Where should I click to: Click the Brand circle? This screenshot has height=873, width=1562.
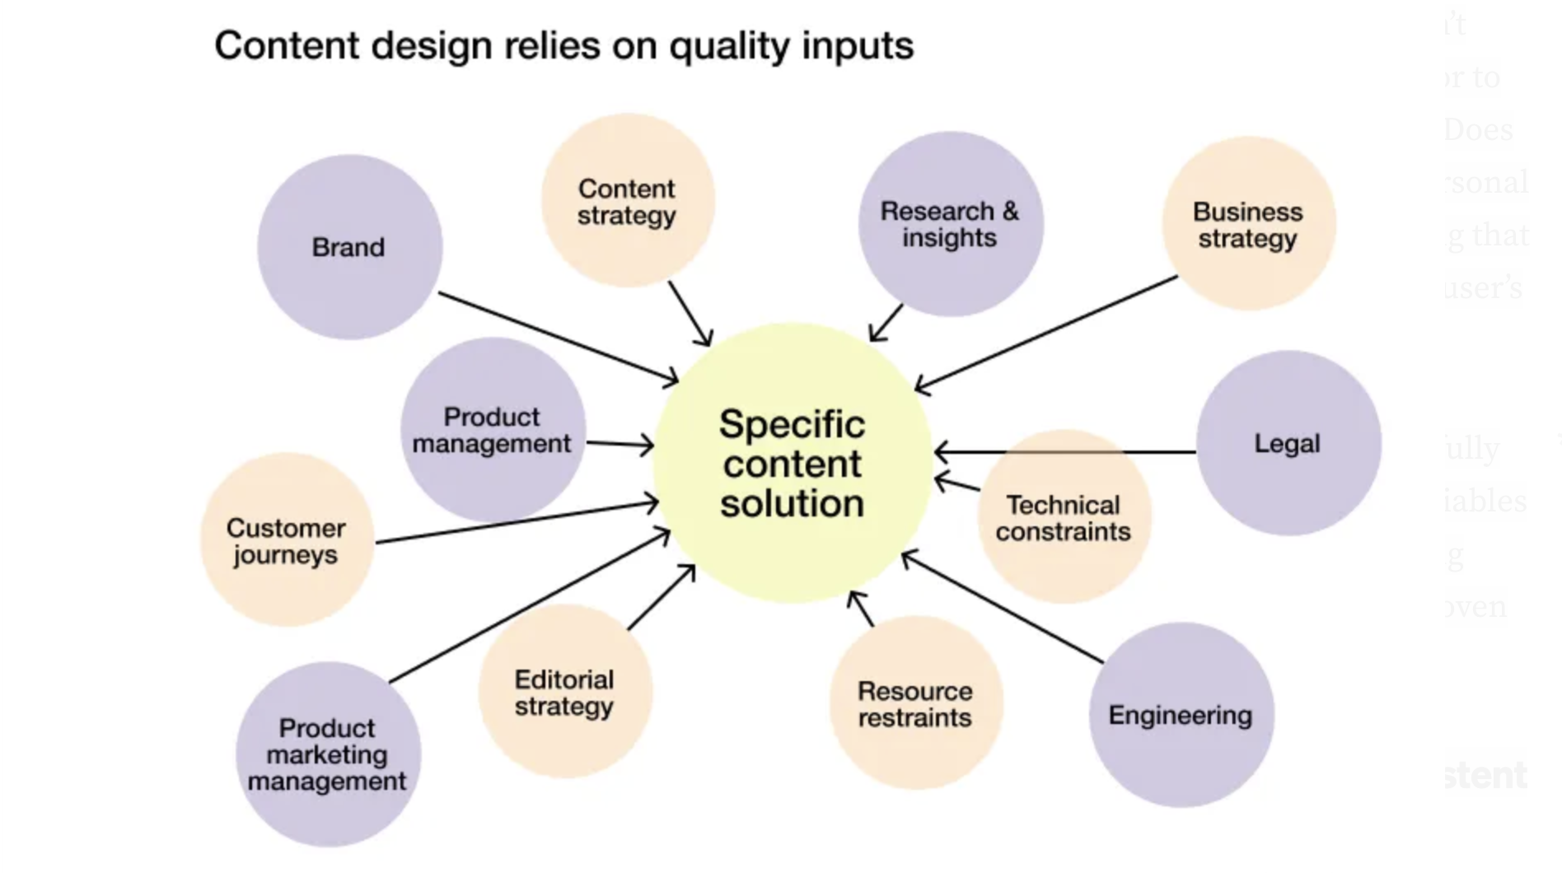click(349, 247)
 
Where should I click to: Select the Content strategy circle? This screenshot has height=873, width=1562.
click(627, 201)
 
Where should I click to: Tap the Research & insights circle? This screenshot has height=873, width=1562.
click(950, 224)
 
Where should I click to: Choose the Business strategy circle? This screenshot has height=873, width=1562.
click(1248, 224)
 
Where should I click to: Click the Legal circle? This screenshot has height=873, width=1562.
click(1288, 443)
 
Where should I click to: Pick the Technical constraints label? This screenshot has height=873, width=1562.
click(1063, 518)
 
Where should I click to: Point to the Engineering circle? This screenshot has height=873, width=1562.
click(1181, 715)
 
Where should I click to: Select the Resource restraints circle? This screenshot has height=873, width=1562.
click(915, 703)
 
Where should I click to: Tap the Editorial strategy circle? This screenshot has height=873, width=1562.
click(564, 692)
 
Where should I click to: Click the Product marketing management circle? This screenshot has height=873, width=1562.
click(327, 754)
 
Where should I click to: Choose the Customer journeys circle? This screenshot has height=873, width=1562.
click(286, 540)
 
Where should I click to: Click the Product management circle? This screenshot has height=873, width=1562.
click(492, 430)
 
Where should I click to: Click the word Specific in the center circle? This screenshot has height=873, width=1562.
click(792, 425)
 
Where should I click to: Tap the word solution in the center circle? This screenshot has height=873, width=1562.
click(792, 502)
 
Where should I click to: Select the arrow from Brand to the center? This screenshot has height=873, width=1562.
click(558, 337)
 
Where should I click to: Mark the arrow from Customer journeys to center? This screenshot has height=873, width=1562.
click(517, 522)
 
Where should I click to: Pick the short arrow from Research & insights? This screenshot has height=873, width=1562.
click(886, 323)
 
